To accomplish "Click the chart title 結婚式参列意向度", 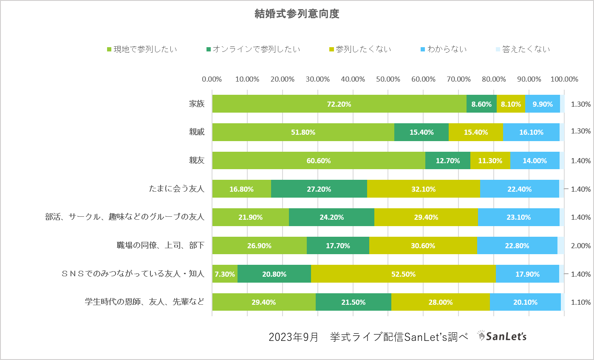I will (297, 14).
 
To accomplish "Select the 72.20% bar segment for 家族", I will (339, 104).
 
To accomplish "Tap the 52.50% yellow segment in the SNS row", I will (403, 274).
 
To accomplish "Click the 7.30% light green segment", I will (224, 274).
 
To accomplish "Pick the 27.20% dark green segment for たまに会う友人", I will (319, 189).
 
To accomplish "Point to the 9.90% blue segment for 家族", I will (542, 104).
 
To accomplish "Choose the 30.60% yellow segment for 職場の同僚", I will (423, 246).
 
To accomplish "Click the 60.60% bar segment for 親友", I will (318, 161).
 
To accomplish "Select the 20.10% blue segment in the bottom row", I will (525, 302).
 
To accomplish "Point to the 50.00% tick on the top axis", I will (388, 79).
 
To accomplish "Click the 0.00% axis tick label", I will (212, 79).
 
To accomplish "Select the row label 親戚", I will (197, 132).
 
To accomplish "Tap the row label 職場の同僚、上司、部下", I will (161, 246).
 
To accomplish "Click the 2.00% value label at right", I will (581, 246).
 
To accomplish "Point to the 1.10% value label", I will (581, 302).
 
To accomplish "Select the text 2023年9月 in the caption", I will (293, 337).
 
